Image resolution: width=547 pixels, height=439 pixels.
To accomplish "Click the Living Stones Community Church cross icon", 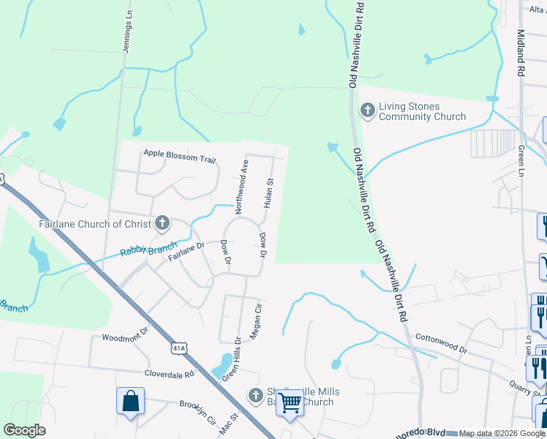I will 368,110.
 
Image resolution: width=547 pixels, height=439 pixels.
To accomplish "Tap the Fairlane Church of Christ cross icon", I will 162,223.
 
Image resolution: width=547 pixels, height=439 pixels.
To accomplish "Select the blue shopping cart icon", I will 290,402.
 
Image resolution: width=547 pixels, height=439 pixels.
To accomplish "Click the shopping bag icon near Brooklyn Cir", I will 130,402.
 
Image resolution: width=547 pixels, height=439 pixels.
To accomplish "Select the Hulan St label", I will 269,192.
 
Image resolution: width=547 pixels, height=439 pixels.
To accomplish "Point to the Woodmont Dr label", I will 125,338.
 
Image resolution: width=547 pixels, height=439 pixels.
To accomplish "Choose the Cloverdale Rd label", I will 169,372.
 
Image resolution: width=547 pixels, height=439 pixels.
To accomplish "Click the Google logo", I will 24,430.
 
